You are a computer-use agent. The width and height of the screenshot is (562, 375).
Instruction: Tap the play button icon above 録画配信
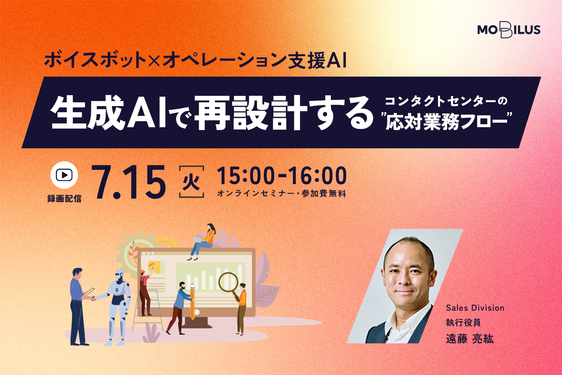click(64, 175)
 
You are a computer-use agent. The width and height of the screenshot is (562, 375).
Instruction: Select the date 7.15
click(129, 182)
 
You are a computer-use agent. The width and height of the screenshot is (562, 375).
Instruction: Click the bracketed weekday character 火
click(191, 182)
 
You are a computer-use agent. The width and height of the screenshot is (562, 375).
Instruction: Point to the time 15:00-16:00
click(282, 176)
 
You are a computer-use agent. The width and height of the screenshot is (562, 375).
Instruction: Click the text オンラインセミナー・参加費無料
click(281, 194)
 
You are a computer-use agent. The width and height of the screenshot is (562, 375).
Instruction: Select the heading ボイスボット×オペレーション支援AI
click(195, 60)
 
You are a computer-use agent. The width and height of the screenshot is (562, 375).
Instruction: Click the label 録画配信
click(64, 199)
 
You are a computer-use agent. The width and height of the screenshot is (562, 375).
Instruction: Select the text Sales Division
click(475, 308)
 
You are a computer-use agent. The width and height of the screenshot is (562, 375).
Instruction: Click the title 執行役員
click(463, 322)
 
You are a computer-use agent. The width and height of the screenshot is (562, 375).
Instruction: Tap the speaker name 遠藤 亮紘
click(470, 339)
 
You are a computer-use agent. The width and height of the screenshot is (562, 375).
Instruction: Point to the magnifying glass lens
click(229, 282)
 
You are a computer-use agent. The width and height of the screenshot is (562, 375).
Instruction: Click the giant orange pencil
click(192, 302)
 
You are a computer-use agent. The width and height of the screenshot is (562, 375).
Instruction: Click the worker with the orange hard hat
click(145, 293)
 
